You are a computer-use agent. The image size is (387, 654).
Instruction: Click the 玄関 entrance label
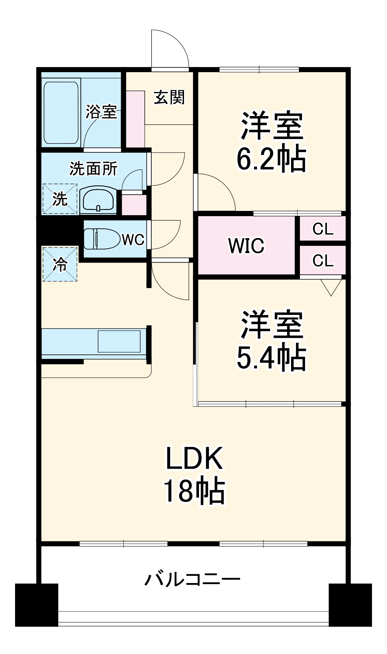[169, 97]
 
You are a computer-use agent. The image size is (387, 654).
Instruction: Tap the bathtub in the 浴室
[61, 112]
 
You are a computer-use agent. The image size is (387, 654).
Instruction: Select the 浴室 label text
[101, 112]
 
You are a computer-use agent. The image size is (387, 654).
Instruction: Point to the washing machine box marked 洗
[60, 199]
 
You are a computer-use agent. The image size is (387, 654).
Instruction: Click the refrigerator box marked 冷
[60, 264]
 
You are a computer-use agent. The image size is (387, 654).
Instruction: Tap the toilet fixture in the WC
[101, 239]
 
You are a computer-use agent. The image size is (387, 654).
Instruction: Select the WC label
[133, 240]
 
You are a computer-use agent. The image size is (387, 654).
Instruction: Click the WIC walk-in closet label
[246, 246]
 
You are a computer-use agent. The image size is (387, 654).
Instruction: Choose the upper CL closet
[323, 229]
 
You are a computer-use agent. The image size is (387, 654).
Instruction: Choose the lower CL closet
[323, 260]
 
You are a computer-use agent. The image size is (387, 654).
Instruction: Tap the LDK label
[194, 458]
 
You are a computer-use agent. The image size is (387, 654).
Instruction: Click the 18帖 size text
[194, 491]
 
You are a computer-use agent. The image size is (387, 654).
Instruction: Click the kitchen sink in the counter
[119, 341]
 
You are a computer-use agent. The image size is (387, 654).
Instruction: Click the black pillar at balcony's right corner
[350, 605]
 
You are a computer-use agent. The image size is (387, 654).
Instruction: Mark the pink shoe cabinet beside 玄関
[136, 119]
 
